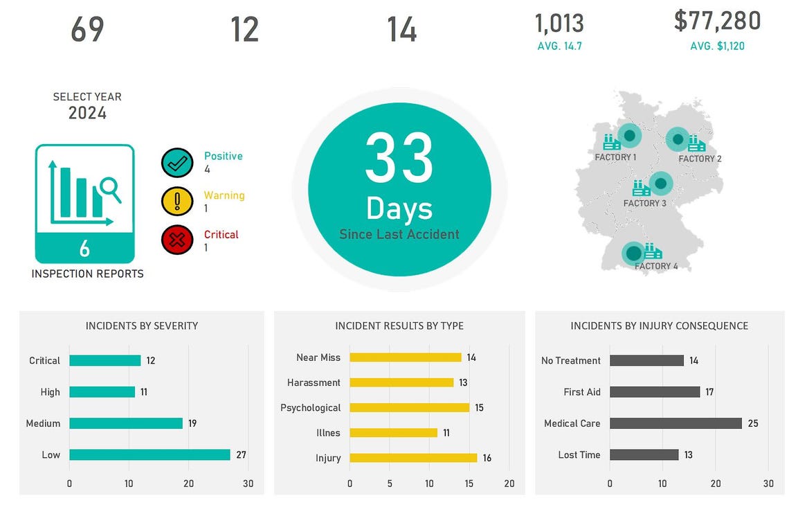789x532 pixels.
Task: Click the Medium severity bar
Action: pos(126,423)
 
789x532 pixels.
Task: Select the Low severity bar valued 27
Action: pos(149,454)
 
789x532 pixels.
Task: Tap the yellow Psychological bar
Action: pos(409,407)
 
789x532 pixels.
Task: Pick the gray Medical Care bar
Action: pos(675,423)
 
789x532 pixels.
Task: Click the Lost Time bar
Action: pos(644,454)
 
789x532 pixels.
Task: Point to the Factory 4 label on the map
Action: pos(656,266)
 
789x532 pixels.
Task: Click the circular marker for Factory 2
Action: pos(678,139)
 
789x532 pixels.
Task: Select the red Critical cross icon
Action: pos(177,240)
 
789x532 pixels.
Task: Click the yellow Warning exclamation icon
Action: pos(177,202)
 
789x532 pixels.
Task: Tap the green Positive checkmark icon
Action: pos(177,163)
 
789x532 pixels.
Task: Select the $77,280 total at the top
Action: pos(717,21)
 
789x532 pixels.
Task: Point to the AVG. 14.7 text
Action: pos(559,46)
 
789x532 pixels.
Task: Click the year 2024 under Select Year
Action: pos(87,113)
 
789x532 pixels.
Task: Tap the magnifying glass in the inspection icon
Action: pos(109,188)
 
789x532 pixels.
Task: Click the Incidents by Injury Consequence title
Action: pos(659,326)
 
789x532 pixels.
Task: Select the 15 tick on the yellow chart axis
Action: pos(469,484)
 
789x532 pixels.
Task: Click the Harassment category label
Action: pos(314,382)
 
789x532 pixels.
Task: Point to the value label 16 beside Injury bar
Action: pos(487,458)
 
